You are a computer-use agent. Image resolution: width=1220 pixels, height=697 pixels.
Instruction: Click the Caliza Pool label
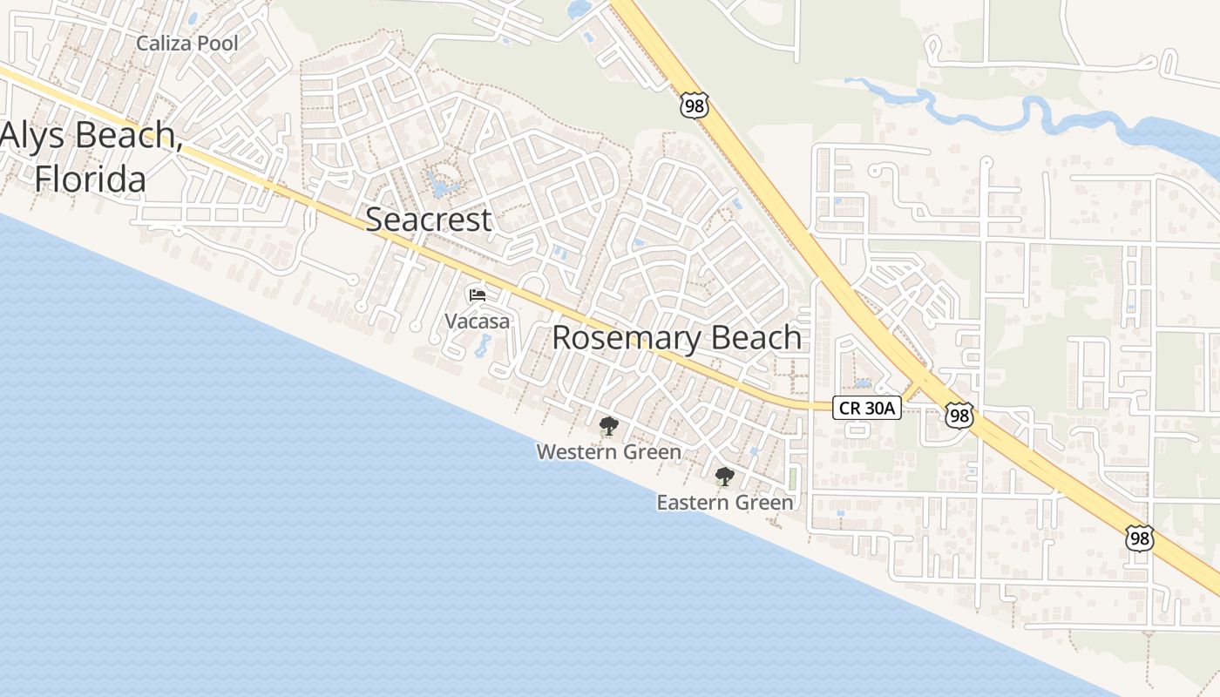coord(187,43)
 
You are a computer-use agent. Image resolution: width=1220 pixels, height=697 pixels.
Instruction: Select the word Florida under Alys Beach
coord(90,179)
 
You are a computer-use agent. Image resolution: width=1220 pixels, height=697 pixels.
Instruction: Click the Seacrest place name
coord(428,220)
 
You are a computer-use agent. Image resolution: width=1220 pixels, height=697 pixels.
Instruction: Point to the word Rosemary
coord(620,338)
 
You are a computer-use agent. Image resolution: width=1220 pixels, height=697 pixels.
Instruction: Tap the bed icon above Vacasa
coord(477,295)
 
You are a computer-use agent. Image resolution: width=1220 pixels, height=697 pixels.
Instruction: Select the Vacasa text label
coord(477,321)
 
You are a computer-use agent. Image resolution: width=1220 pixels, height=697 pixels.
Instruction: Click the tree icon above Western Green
coord(608,426)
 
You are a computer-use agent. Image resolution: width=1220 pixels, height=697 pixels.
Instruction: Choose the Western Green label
coord(608,452)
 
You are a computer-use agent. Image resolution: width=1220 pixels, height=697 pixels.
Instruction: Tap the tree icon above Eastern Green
coord(724,477)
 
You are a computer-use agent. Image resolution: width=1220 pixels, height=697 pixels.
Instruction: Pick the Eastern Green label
coord(725,503)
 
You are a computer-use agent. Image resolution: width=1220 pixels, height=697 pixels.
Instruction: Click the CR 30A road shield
coord(866,408)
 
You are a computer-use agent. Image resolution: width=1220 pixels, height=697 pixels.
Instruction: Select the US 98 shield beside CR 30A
coord(959,415)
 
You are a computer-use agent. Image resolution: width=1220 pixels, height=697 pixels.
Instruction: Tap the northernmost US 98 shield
coord(695,106)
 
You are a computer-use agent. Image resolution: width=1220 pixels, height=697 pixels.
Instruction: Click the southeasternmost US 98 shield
coord(1138,538)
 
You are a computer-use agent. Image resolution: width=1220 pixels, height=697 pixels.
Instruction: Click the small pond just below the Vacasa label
coord(483,346)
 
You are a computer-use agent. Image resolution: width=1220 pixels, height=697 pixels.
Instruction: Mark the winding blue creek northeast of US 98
coord(1002,109)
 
